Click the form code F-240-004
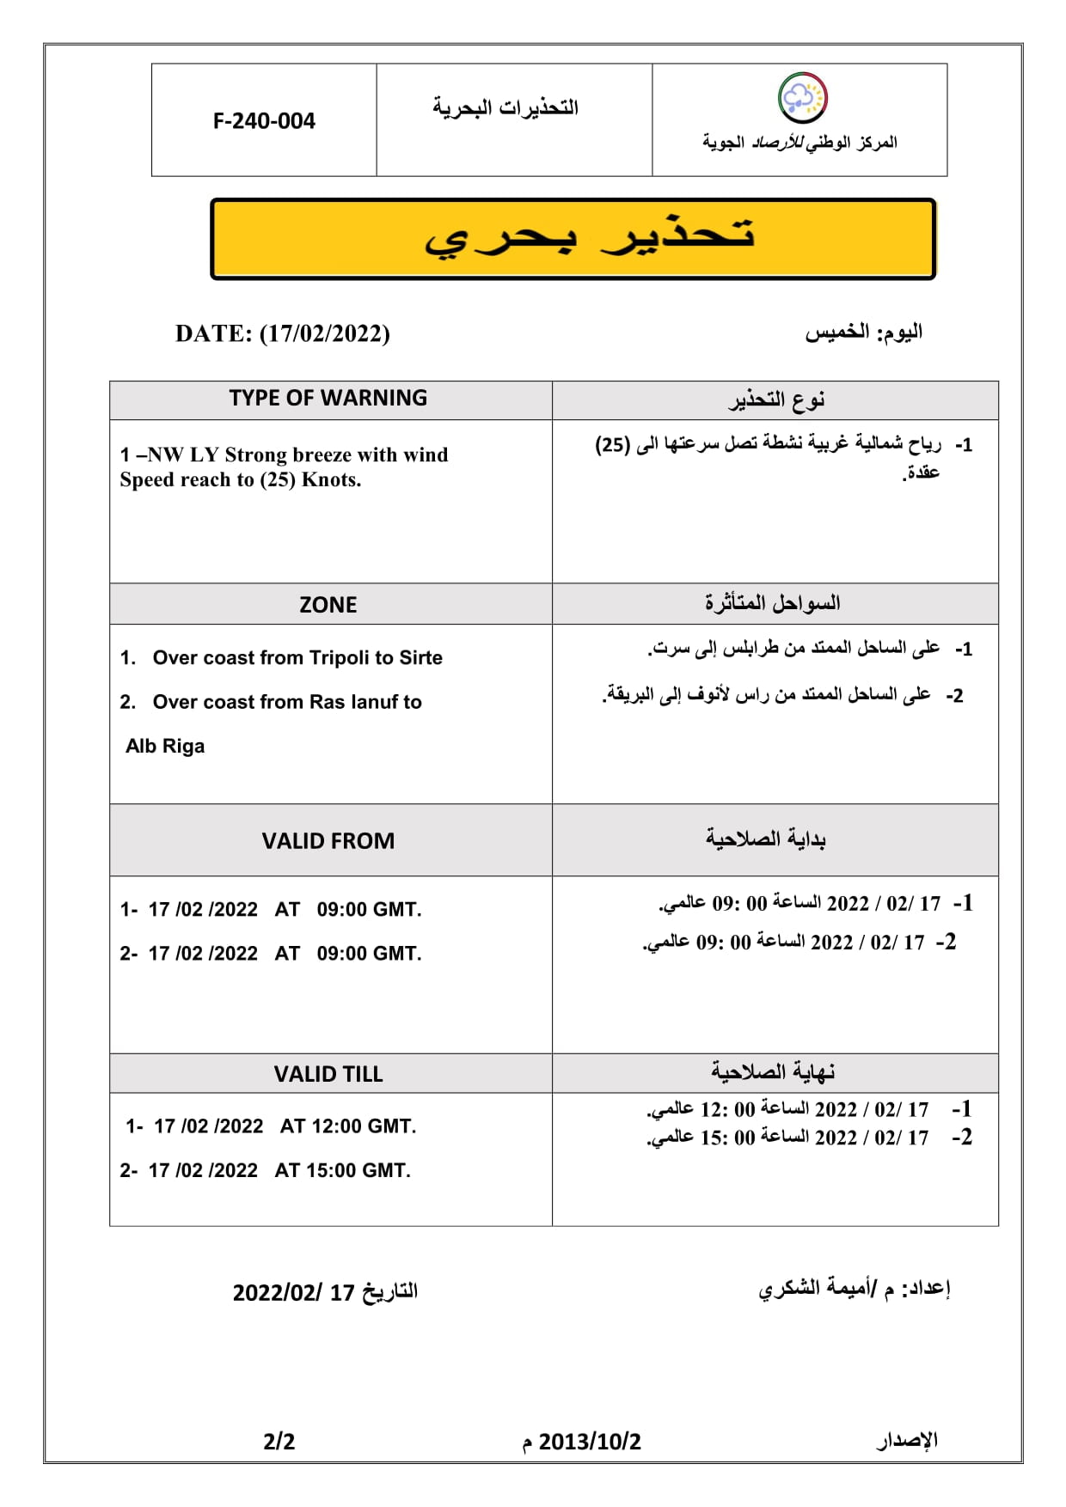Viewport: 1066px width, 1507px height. (264, 121)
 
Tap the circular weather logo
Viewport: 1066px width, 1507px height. (802, 98)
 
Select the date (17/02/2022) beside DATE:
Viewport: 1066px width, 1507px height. (324, 333)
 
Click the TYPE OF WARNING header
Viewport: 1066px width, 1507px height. (328, 399)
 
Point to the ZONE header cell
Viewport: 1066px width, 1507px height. (328, 605)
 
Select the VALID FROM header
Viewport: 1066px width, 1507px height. (328, 841)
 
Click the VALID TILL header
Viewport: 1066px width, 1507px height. (328, 1074)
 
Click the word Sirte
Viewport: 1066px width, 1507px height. (420, 658)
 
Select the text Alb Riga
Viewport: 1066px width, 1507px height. (165, 746)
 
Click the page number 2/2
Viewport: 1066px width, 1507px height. (279, 1442)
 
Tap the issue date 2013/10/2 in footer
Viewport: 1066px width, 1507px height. (590, 1442)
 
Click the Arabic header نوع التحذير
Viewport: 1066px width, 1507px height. (775, 400)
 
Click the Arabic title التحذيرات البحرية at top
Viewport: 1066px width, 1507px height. (505, 108)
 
